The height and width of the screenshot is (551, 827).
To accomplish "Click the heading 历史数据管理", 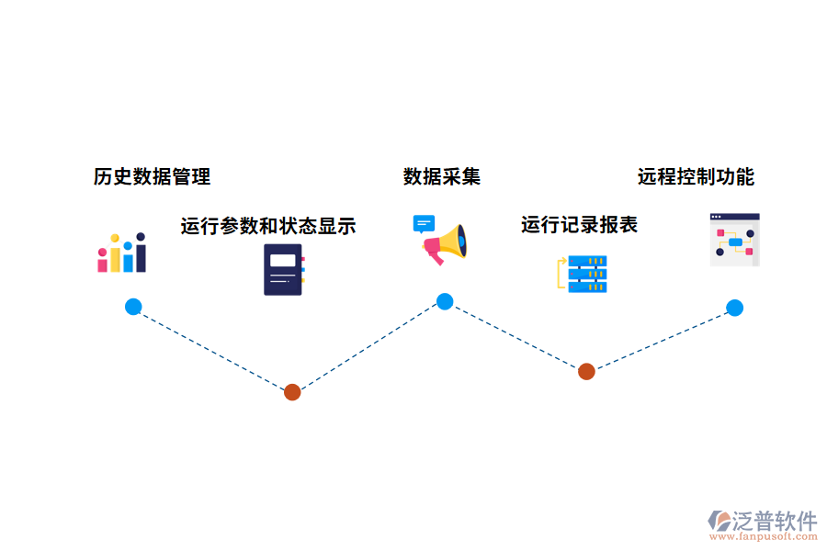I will coord(152,176).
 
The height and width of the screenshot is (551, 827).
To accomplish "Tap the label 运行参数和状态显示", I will coord(267,226).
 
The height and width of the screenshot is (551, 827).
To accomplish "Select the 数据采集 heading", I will coord(441,176).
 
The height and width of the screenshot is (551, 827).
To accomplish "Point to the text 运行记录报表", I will coord(579,225).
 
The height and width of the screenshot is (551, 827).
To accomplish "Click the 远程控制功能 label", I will coord(696,176).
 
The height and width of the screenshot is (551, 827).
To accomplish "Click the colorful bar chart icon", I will coord(122,253).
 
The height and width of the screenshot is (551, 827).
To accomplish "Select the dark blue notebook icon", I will coord(283,269).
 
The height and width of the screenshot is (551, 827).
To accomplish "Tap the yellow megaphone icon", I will coord(446,244).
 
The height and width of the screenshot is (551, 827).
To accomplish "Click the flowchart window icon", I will coord(734,241).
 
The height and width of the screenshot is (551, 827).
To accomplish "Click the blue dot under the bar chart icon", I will coord(133,307).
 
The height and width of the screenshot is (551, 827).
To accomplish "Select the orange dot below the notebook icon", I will coord(292,392).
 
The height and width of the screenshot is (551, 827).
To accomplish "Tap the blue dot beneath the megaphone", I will coord(445,301).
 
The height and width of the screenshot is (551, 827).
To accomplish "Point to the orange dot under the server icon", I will coord(586,371).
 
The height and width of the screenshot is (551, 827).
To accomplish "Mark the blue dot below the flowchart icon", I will coord(734,308).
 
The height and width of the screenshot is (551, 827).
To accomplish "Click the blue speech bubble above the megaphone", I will coord(424,224).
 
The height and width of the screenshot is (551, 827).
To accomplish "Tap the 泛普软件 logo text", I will coord(774,521).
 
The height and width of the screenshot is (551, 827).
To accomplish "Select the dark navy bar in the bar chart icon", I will coord(141,253).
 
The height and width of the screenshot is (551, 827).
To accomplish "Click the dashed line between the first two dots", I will coord(212,349).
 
